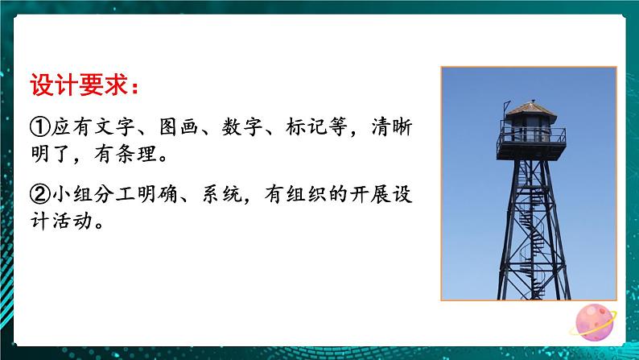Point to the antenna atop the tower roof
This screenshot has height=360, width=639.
(x=505, y=107)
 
